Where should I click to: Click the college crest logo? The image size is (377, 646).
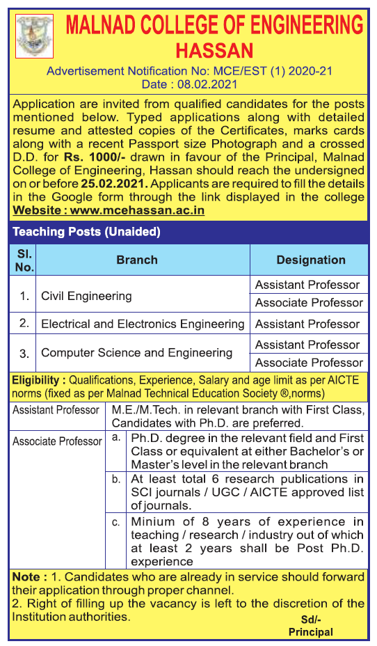30,36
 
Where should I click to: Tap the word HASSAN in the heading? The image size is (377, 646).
214,51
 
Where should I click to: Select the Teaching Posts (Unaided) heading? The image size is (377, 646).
86,231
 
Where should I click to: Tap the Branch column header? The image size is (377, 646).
137,260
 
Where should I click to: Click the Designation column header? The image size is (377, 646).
310,260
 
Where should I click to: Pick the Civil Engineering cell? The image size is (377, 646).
86,296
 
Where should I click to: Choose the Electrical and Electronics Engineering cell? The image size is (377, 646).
143,324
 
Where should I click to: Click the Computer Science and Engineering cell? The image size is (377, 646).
136,352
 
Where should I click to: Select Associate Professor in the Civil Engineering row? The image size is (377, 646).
309,303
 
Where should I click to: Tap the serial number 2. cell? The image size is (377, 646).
24,324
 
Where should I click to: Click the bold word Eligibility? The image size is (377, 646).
38,380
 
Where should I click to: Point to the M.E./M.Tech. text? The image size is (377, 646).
142,410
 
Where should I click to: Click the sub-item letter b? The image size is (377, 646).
116,480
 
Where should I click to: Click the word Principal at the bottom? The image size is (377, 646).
311,632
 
